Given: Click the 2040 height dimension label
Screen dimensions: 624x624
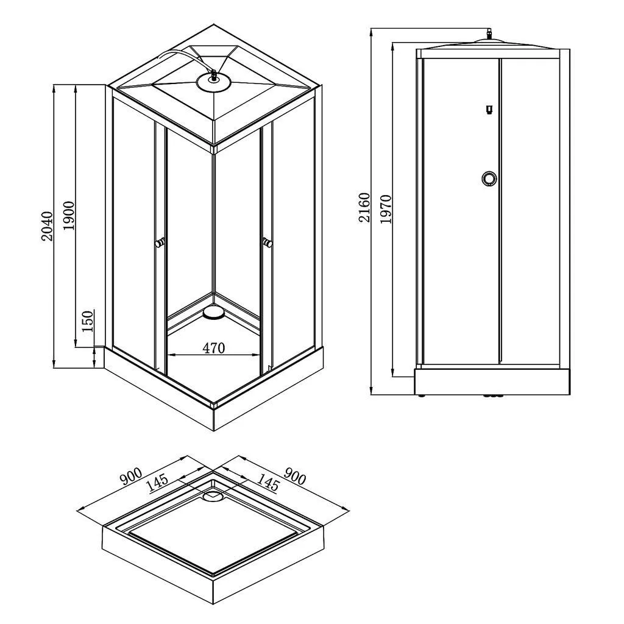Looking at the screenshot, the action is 48,226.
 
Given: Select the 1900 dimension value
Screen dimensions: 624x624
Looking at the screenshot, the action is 68,216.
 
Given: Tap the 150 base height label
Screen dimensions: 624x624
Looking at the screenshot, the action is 88,321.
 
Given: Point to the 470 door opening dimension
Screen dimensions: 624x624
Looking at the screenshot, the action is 214,348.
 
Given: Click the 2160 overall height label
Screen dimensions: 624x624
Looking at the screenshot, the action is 364,207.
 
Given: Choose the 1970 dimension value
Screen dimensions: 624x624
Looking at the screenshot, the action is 386,209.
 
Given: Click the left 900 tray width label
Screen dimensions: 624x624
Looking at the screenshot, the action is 131,477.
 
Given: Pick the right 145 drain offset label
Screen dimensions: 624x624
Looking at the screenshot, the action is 268,482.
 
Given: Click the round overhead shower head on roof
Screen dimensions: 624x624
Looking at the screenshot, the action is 214,83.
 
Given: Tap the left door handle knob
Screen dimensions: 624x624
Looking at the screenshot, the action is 160,243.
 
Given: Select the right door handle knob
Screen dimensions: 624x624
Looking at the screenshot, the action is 267,242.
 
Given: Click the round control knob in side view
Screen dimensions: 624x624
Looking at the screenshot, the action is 489,178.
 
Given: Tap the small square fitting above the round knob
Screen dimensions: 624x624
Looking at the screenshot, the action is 489,109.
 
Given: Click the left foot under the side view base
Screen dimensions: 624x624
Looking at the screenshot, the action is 422,396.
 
